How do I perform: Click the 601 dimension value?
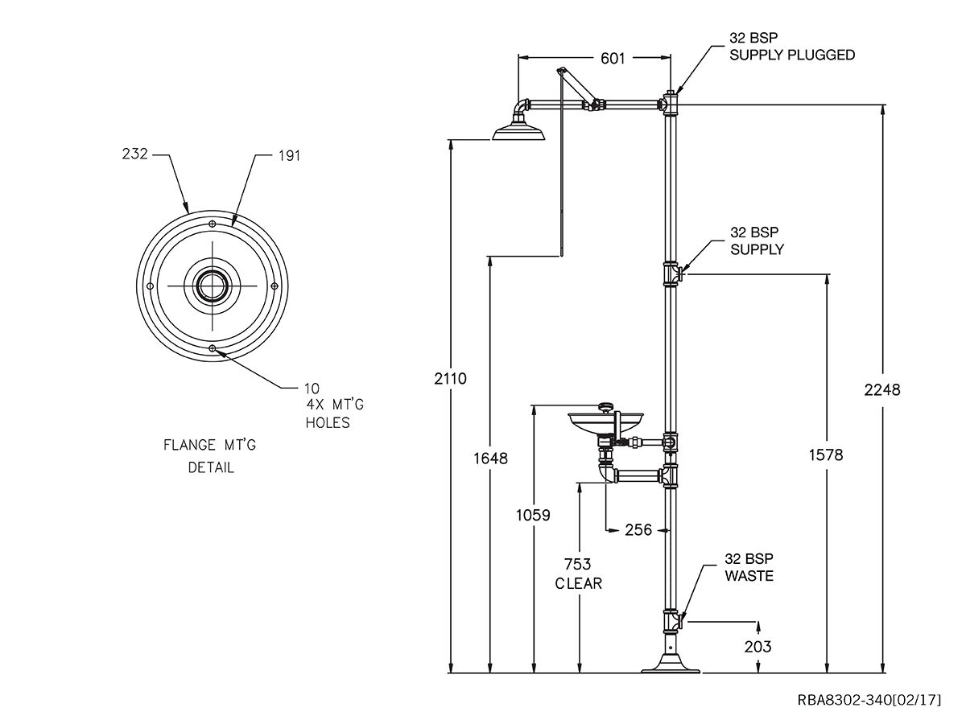(613, 58)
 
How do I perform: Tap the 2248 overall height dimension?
(883, 389)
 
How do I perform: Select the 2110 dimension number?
(450, 378)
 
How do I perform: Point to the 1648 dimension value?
(490, 459)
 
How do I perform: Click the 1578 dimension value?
(827, 455)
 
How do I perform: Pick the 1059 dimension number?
(533, 515)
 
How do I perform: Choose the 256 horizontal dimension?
(638, 529)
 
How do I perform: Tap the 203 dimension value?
(758, 646)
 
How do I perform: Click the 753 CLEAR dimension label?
(579, 574)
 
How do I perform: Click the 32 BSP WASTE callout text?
(749, 567)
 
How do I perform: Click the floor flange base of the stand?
(672, 664)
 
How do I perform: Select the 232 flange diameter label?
(135, 154)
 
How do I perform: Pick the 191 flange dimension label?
(288, 156)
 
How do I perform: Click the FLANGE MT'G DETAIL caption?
(211, 455)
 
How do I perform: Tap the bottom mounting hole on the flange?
(213, 348)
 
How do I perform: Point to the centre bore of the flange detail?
(213, 285)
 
